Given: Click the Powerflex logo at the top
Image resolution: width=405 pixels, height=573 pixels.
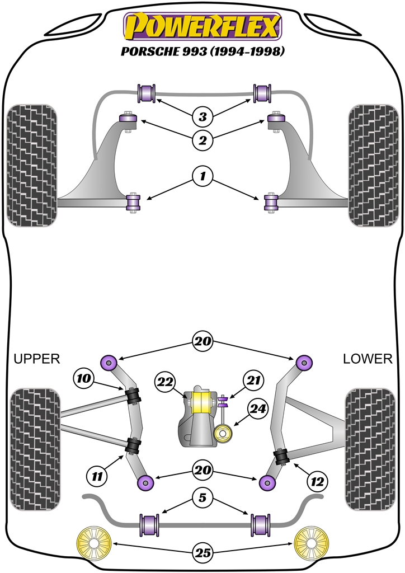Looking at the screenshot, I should [202, 28].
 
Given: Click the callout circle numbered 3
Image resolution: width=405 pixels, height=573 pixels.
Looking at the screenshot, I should [202, 118].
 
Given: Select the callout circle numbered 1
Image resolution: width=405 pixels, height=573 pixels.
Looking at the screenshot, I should [202, 177].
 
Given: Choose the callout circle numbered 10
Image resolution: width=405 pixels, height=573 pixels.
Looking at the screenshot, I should [84, 379].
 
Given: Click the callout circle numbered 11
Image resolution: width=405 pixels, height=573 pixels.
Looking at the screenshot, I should [97, 476].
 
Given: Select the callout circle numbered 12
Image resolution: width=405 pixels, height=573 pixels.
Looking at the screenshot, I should [318, 480].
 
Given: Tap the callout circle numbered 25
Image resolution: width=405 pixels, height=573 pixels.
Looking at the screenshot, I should [202, 553].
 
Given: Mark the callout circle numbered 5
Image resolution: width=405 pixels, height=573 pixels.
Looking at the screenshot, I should [202, 496].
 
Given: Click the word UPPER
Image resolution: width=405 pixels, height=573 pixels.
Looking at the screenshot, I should [37, 359].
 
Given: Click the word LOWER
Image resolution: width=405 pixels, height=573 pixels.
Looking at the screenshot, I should [368, 359].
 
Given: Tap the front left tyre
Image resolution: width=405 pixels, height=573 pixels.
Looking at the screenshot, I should [32, 166].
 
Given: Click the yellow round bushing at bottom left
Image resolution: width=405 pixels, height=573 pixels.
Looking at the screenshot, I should [93, 544].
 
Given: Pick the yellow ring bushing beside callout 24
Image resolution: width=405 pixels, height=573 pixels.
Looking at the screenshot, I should [225, 433].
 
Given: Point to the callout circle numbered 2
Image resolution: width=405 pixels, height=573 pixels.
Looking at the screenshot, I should [202, 140].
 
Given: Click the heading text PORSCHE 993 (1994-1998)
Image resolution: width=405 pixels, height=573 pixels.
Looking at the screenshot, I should [202, 51].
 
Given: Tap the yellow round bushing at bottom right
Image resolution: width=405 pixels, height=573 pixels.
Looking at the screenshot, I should [311, 544].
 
